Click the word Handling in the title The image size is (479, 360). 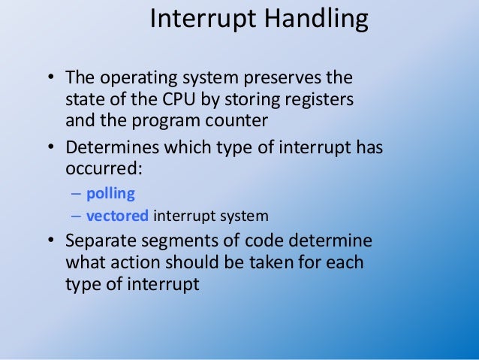pos(321,20)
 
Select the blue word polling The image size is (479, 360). pos(110,193)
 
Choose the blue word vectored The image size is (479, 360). pos(117,216)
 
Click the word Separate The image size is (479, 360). pos(97,243)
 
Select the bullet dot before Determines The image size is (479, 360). pos(50,148)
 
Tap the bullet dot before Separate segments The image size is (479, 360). pos(50,243)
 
